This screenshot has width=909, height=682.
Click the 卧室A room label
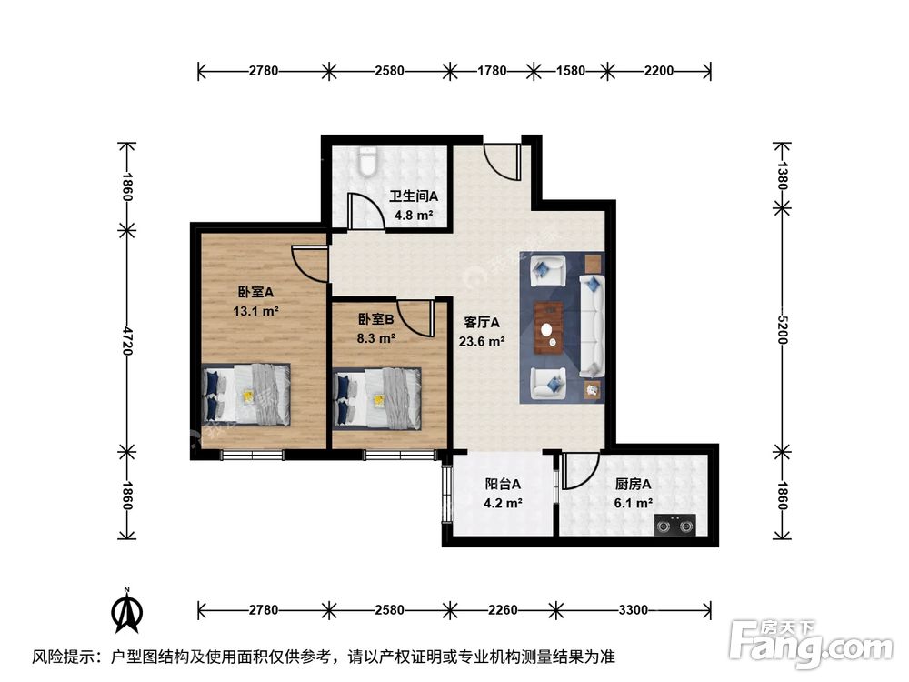click(x=255, y=292)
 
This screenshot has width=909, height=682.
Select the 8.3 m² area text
click(x=375, y=337)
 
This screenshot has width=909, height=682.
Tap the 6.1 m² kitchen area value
click(x=634, y=503)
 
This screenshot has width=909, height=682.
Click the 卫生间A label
click(x=414, y=196)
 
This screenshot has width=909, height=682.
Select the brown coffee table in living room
click(x=549, y=325)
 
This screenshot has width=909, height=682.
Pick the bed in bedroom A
click(x=247, y=395)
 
